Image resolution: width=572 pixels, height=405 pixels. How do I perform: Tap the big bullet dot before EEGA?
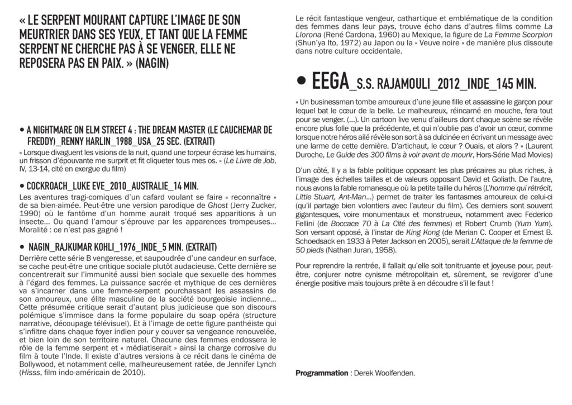pos(302,82)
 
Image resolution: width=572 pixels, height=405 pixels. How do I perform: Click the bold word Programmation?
pos(321,373)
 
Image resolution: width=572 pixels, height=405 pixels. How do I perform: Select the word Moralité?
pos(35,229)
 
